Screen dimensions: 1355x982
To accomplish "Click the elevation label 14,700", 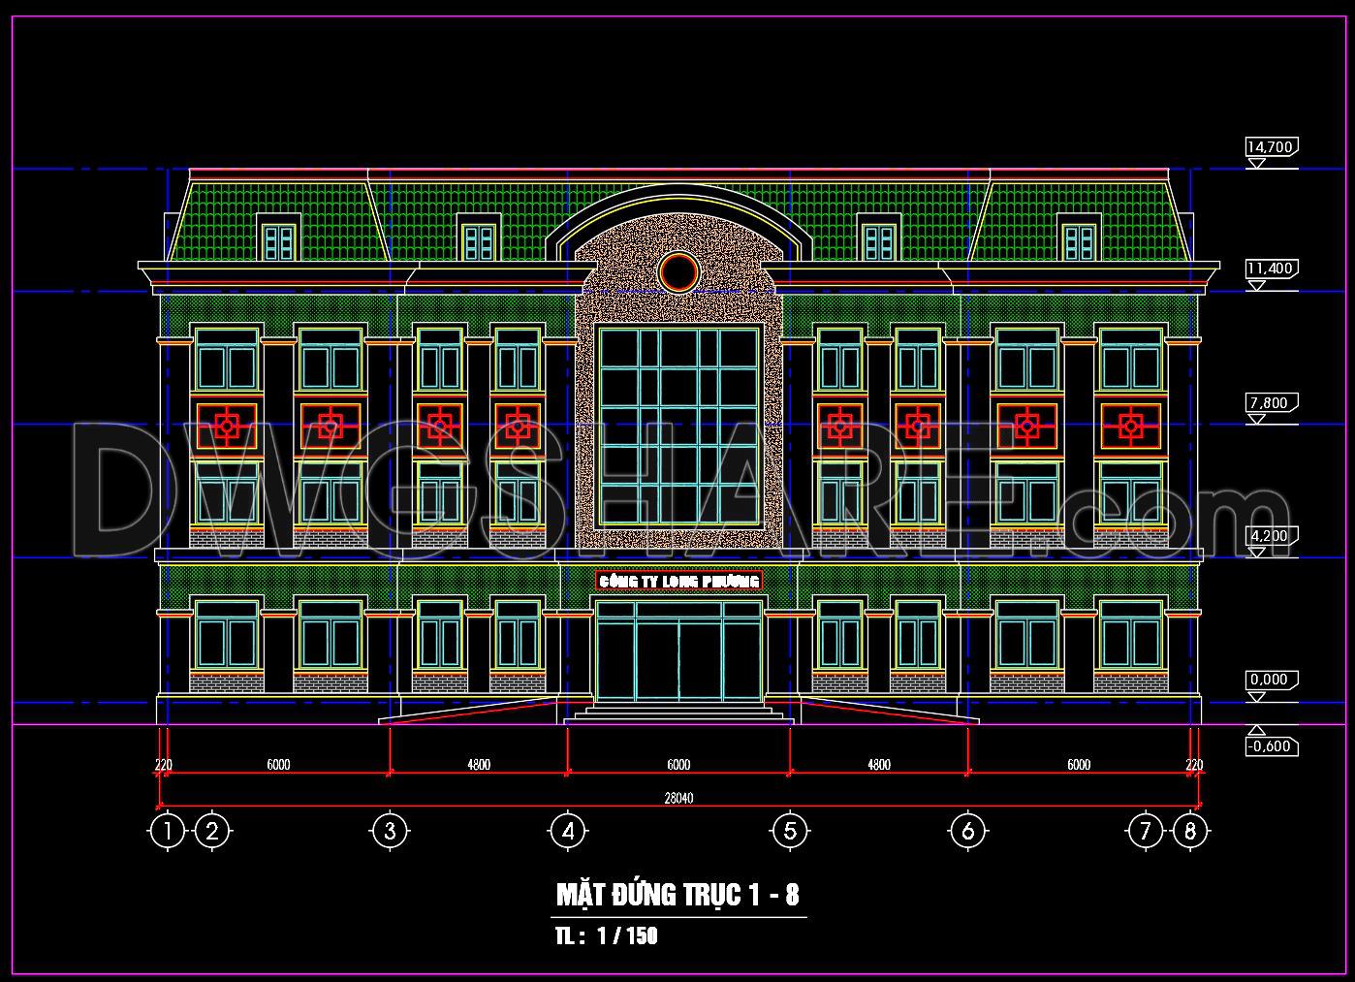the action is click(x=1270, y=146).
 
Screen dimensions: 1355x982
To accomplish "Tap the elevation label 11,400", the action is click(x=1270, y=268).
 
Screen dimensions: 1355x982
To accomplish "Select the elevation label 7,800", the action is click(x=1270, y=402).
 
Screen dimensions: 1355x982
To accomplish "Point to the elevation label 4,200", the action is click(x=1270, y=535).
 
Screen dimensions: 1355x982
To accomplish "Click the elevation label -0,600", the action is click(x=1271, y=746).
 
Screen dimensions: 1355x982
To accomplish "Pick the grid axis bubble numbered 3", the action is click(x=391, y=831).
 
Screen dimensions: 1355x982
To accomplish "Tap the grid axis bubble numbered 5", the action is click(x=790, y=831).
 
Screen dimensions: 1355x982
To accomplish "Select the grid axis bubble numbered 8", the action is click(x=1190, y=831).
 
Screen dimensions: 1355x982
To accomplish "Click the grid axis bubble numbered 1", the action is click(x=168, y=831).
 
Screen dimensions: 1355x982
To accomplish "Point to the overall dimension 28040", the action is click(x=678, y=798).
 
